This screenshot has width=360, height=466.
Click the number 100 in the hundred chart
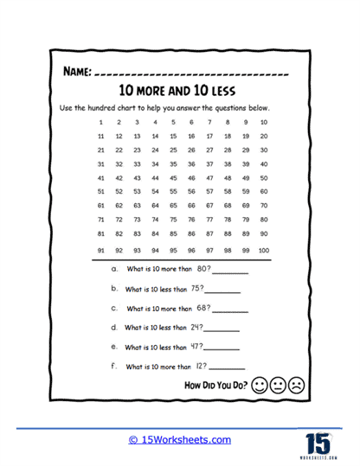click(x=263, y=250)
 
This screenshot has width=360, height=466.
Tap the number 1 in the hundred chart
click(x=101, y=122)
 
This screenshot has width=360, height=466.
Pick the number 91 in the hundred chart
click(x=101, y=250)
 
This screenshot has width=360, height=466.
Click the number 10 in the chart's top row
click(x=263, y=122)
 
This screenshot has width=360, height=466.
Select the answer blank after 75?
click(x=228, y=290)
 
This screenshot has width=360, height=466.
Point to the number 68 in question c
click(x=203, y=309)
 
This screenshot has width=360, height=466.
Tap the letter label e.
click(x=114, y=348)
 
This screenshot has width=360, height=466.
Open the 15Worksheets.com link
click(x=180, y=439)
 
